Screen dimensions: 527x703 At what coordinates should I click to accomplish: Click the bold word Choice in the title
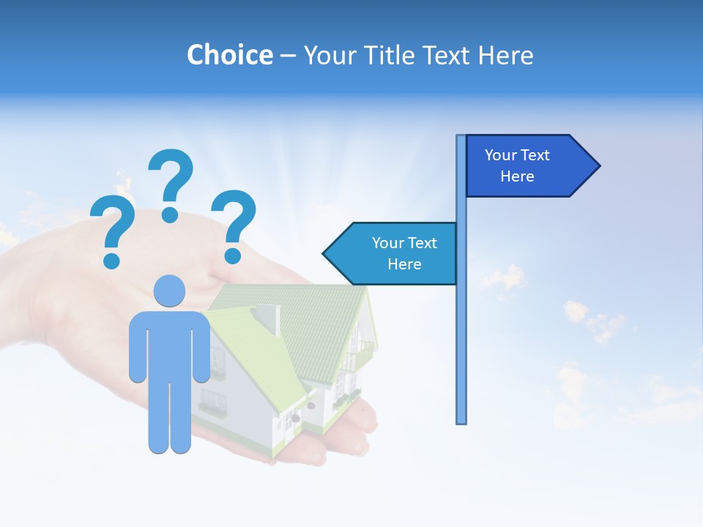click(x=229, y=55)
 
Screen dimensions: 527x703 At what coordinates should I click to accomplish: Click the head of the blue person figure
click(x=170, y=291)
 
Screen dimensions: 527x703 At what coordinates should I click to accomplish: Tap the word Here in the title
click(x=505, y=55)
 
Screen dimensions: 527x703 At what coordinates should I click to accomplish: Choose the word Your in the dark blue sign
click(x=502, y=155)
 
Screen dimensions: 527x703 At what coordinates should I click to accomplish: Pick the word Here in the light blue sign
click(x=404, y=264)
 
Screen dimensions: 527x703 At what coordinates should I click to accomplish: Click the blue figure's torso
click(x=170, y=344)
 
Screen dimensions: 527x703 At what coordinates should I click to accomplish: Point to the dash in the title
click(x=288, y=56)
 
